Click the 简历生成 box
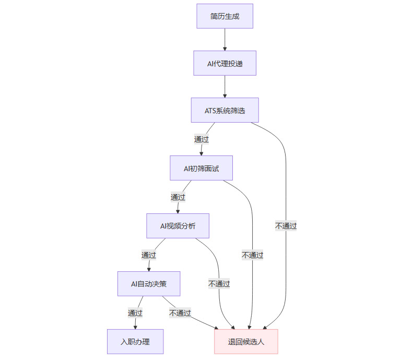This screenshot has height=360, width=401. click(x=225, y=16)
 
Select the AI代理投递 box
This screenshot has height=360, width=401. click(x=225, y=63)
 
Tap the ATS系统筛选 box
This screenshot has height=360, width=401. click(x=225, y=110)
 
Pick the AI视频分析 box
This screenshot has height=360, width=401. click(x=178, y=226)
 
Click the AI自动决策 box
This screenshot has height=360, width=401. click(x=149, y=284)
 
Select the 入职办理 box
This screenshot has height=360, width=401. click(x=135, y=342)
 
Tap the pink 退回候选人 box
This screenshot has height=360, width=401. click(x=246, y=342)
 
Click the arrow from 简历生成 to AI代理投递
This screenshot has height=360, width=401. click(x=225, y=39)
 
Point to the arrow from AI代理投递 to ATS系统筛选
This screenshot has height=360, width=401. click(x=225, y=86)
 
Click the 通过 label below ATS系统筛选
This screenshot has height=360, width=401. click(x=202, y=139)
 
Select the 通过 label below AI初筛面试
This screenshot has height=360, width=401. click(x=178, y=197)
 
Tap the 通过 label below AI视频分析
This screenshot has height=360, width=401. click(x=149, y=255)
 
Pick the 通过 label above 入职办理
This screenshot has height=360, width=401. click(x=135, y=313)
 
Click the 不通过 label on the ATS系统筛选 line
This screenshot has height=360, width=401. click(x=286, y=226)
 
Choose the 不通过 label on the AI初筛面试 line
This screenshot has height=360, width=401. click(x=253, y=255)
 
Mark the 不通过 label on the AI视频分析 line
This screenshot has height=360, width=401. click(x=219, y=284)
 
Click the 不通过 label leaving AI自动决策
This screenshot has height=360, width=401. click(x=180, y=313)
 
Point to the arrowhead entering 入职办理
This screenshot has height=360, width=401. click(x=135, y=327)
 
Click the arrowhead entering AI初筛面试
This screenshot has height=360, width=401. click(x=201, y=153)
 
